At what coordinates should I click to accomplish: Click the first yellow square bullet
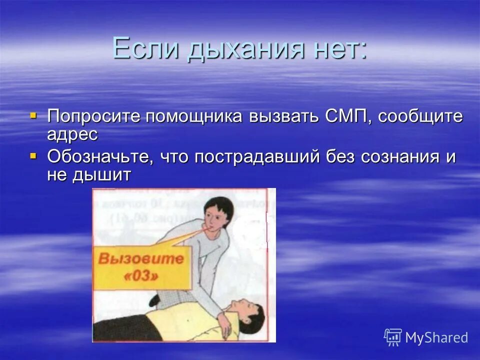click(x=33, y=115)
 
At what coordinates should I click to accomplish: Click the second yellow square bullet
click(x=33, y=155)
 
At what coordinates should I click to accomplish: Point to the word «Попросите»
click(x=93, y=117)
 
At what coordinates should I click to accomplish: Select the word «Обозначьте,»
click(x=100, y=157)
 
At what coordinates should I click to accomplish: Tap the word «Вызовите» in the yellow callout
click(x=141, y=259)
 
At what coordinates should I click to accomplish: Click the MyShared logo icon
click(x=393, y=337)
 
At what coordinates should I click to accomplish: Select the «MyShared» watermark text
click(x=436, y=337)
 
